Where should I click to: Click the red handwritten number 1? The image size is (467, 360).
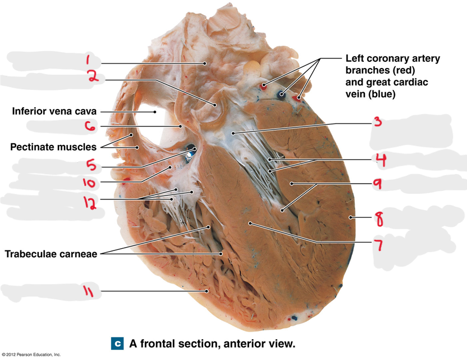pyautogui.click(x=88, y=59)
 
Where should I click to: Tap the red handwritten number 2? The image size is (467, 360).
pyautogui.click(x=93, y=76)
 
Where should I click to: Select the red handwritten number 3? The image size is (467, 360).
pyautogui.click(x=378, y=121)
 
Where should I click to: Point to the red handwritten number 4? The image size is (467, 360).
pyautogui.click(x=381, y=160)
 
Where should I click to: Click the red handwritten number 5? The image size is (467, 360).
pyautogui.click(x=91, y=165)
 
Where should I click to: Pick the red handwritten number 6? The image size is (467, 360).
pyautogui.click(x=90, y=126)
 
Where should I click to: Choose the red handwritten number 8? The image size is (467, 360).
pyautogui.click(x=378, y=219)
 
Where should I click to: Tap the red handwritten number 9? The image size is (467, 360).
pyautogui.click(x=378, y=184)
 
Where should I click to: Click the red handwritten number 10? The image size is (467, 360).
pyautogui.click(x=89, y=183)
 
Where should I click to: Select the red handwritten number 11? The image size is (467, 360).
pyautogui.click(x=88, y=290)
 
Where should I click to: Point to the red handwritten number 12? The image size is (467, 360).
pyautogui.click(x=90, y=203)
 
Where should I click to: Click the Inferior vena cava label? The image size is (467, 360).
pyautogui.click(x=54, y=111)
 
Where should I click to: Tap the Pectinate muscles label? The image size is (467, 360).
pyautogui.click(x=53, y=147)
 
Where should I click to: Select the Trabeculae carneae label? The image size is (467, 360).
pyautogui.click(x=51, y=254)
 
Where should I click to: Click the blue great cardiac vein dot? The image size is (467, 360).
pyautogui.click(x=281, y=95)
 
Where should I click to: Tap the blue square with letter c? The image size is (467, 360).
pyautogui.click(x=117, y=344)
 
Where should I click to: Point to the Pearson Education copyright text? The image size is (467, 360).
pyautogui.click(x=31, y=354)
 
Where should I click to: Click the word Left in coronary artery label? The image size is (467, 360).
pyautogui.click(x=355, y=58)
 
